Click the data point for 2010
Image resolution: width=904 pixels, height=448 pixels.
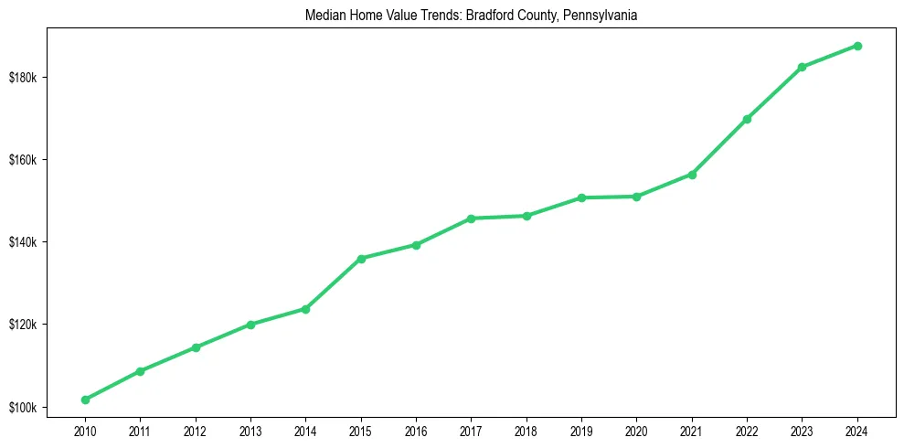tap(85, 400)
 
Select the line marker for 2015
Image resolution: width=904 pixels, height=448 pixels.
tap(361, 259)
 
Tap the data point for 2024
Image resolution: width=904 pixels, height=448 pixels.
tap(857, 46)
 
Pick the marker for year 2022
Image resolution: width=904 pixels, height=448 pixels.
tap(747, 119)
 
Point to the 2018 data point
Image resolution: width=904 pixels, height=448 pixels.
tap(526, 216)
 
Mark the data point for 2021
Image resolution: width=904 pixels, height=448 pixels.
tap(692, 174)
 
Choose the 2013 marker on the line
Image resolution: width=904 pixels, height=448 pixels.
tap(250, 325)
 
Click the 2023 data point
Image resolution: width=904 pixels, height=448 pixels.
tap(802, 67)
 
